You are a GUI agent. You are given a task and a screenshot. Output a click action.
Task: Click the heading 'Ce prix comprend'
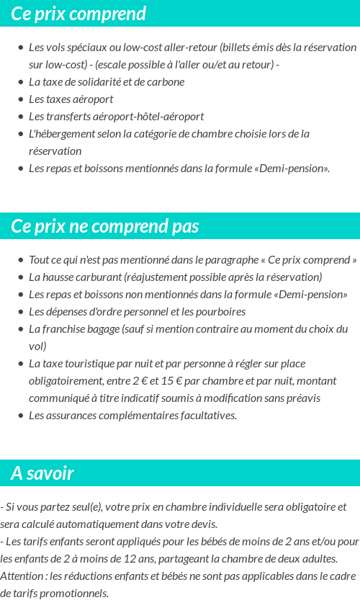[78, 14]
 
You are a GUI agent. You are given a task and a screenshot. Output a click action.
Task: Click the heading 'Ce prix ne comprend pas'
[105, 226]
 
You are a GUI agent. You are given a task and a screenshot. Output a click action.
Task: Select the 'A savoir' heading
[42, 473]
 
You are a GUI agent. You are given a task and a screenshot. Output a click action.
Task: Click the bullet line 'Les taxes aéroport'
[71, 99]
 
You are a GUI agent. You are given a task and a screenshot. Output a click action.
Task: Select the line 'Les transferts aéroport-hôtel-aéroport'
[116, 116]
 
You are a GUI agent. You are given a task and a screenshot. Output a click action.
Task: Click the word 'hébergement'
[68, 133]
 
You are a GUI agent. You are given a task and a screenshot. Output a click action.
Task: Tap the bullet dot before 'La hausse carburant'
[21, 277]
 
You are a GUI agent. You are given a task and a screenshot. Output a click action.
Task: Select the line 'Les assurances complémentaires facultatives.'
[132, 415]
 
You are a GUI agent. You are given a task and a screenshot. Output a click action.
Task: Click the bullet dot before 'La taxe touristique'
[21, 364]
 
